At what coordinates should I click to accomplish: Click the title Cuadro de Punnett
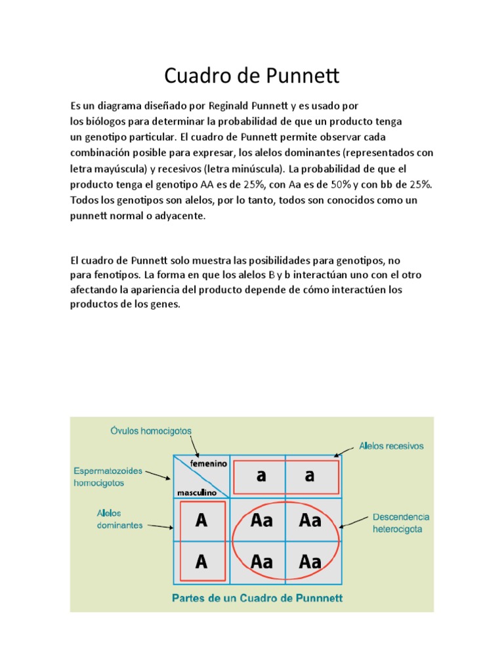tap(251, 76)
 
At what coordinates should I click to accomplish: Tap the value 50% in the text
tap(316, 184)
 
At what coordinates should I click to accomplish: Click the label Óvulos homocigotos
tap(151, 431)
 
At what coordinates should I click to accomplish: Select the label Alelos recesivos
tap(391, 446)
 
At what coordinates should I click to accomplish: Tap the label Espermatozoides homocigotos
tap(108, 477)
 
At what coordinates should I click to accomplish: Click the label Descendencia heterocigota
tap(401, 522)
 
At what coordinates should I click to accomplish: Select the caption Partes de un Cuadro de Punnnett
tap(257, 598)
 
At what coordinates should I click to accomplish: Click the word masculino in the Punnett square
tap(196, 492)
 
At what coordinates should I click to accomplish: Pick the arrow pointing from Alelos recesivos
tap(345, 451)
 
